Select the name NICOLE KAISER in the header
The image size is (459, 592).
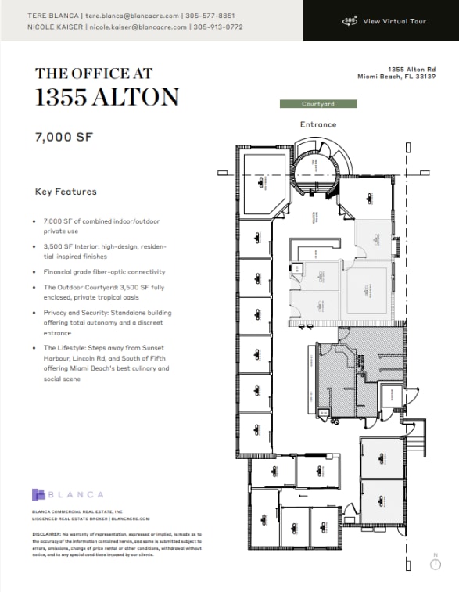pos(56,27)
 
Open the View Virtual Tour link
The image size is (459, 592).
pos(395,21)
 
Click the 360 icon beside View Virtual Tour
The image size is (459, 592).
pos(350,21)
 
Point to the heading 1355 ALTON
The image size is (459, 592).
pos(107,98)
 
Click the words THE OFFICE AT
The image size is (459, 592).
pos(94,74)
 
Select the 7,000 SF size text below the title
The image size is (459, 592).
pos(64,136)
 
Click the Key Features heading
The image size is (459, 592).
pos(66,192)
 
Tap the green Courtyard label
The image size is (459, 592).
pos(318,104)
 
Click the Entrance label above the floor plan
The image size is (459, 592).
pos(318,124)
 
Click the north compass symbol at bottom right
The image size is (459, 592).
pos(436,565)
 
